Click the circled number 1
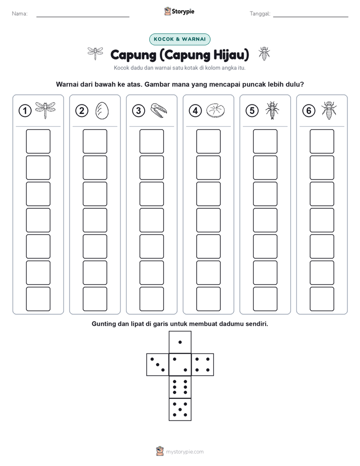coord(25,111)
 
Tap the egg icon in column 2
coord(102,111)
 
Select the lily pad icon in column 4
coord(216,110)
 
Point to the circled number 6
coord(309,111)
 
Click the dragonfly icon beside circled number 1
coord(45,110)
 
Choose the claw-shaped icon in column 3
coord(159,110)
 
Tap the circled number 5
coord(252,111)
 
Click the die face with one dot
coord(180,342)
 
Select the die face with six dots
coord(180,387)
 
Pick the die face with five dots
coord(180,410)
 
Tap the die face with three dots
coord(157,365)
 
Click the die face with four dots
coord(203,365)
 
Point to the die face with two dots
coord(180,365)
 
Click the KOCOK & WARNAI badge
coord(179,39)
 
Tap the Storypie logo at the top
coord(179,12)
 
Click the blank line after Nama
coord(83,17)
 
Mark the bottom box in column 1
coord(38,299)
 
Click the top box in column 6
coord(322,141)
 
